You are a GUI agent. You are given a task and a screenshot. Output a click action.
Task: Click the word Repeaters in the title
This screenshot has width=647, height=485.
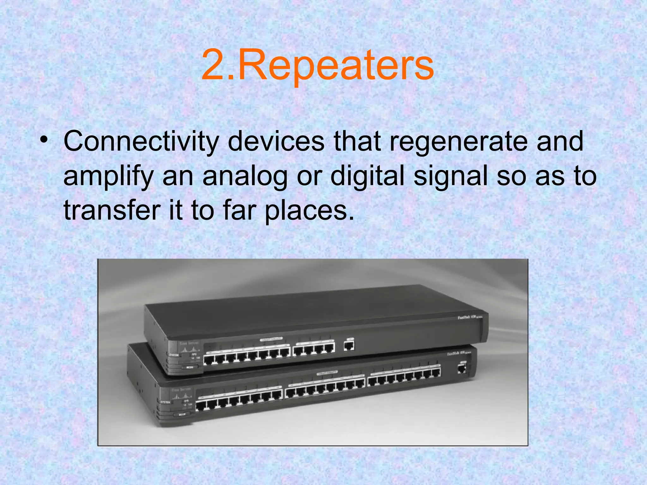click(x=336, y=66)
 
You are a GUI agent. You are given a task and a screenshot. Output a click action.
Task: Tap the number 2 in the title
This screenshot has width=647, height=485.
click(x=215, y=66)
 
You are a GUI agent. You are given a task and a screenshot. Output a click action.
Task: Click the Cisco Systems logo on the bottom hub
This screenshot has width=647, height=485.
click(x=181, y=394)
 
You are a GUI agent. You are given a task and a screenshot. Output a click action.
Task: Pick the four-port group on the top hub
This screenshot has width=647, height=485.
click(x=314, y=349)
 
